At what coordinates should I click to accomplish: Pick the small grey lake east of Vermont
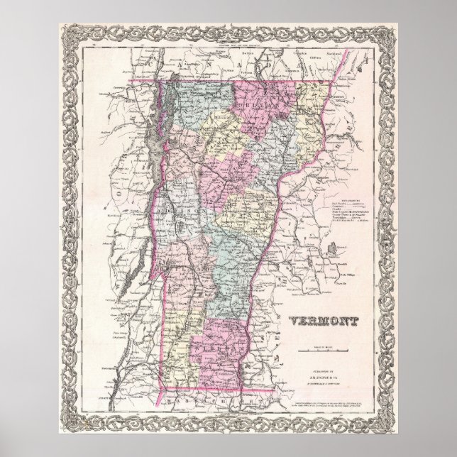[329, 249]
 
